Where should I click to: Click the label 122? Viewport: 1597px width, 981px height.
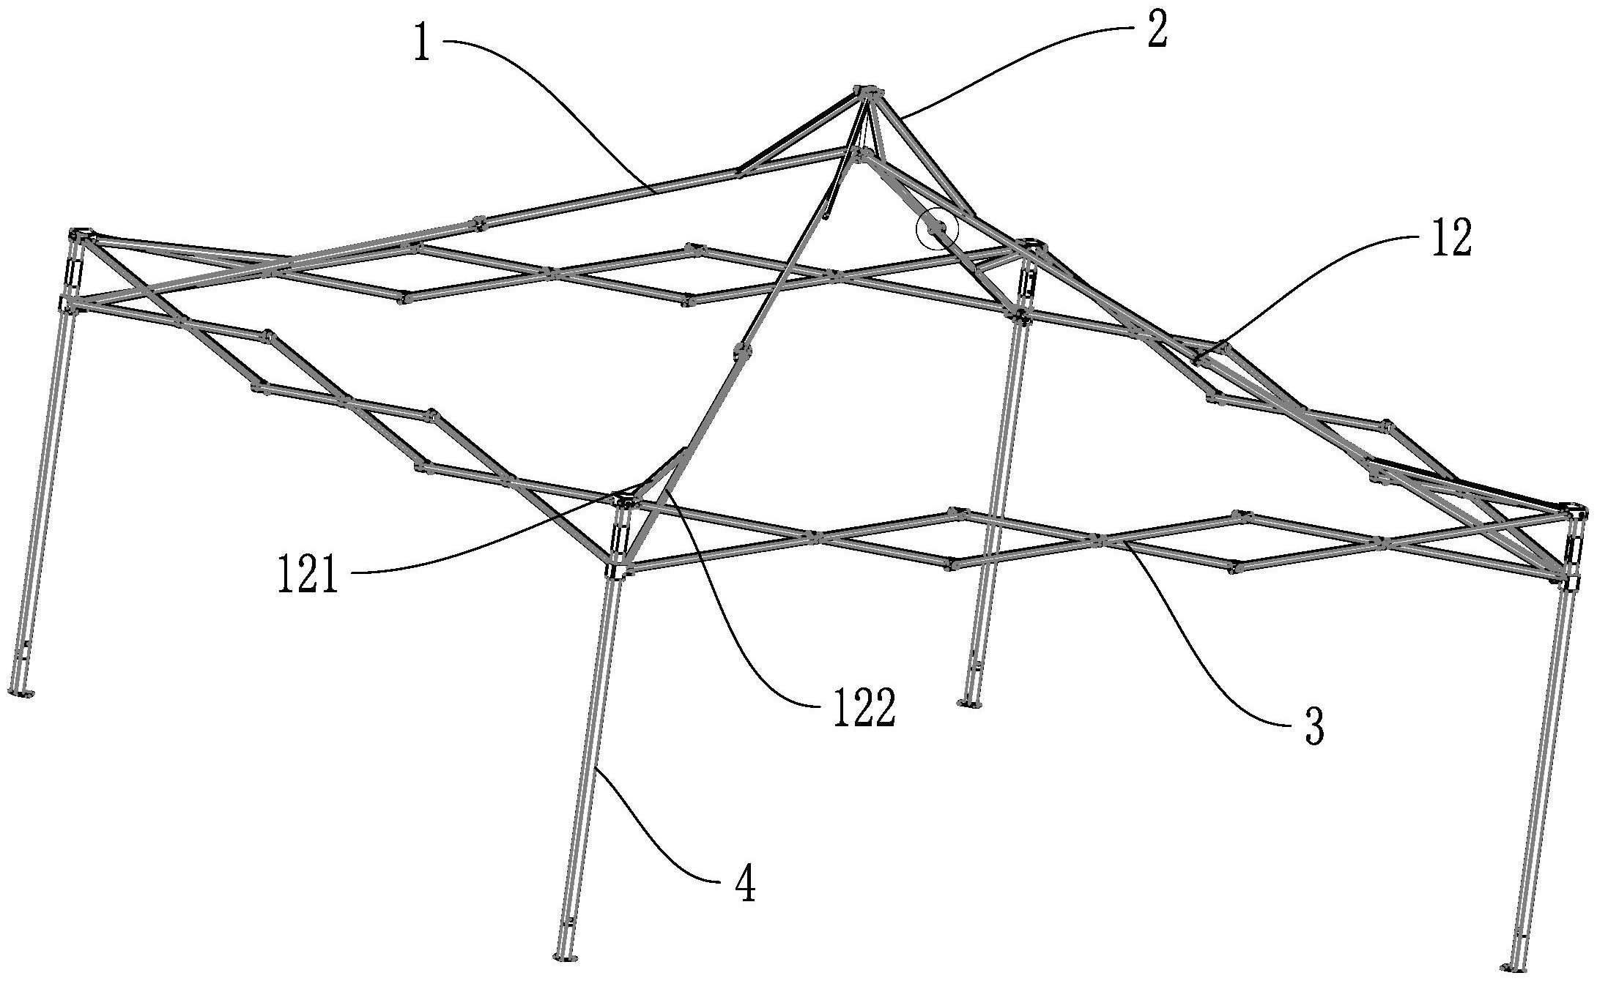(863, 709)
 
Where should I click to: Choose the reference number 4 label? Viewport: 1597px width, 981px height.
(744, 883)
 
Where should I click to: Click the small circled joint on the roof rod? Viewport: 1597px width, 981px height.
(937, 231)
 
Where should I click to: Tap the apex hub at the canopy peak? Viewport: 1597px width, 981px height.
(867, 93)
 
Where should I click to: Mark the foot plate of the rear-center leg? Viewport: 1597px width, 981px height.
(970, 704)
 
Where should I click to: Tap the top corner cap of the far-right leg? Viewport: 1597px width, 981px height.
(1572, 507)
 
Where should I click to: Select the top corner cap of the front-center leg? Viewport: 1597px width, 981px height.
(624, 501)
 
